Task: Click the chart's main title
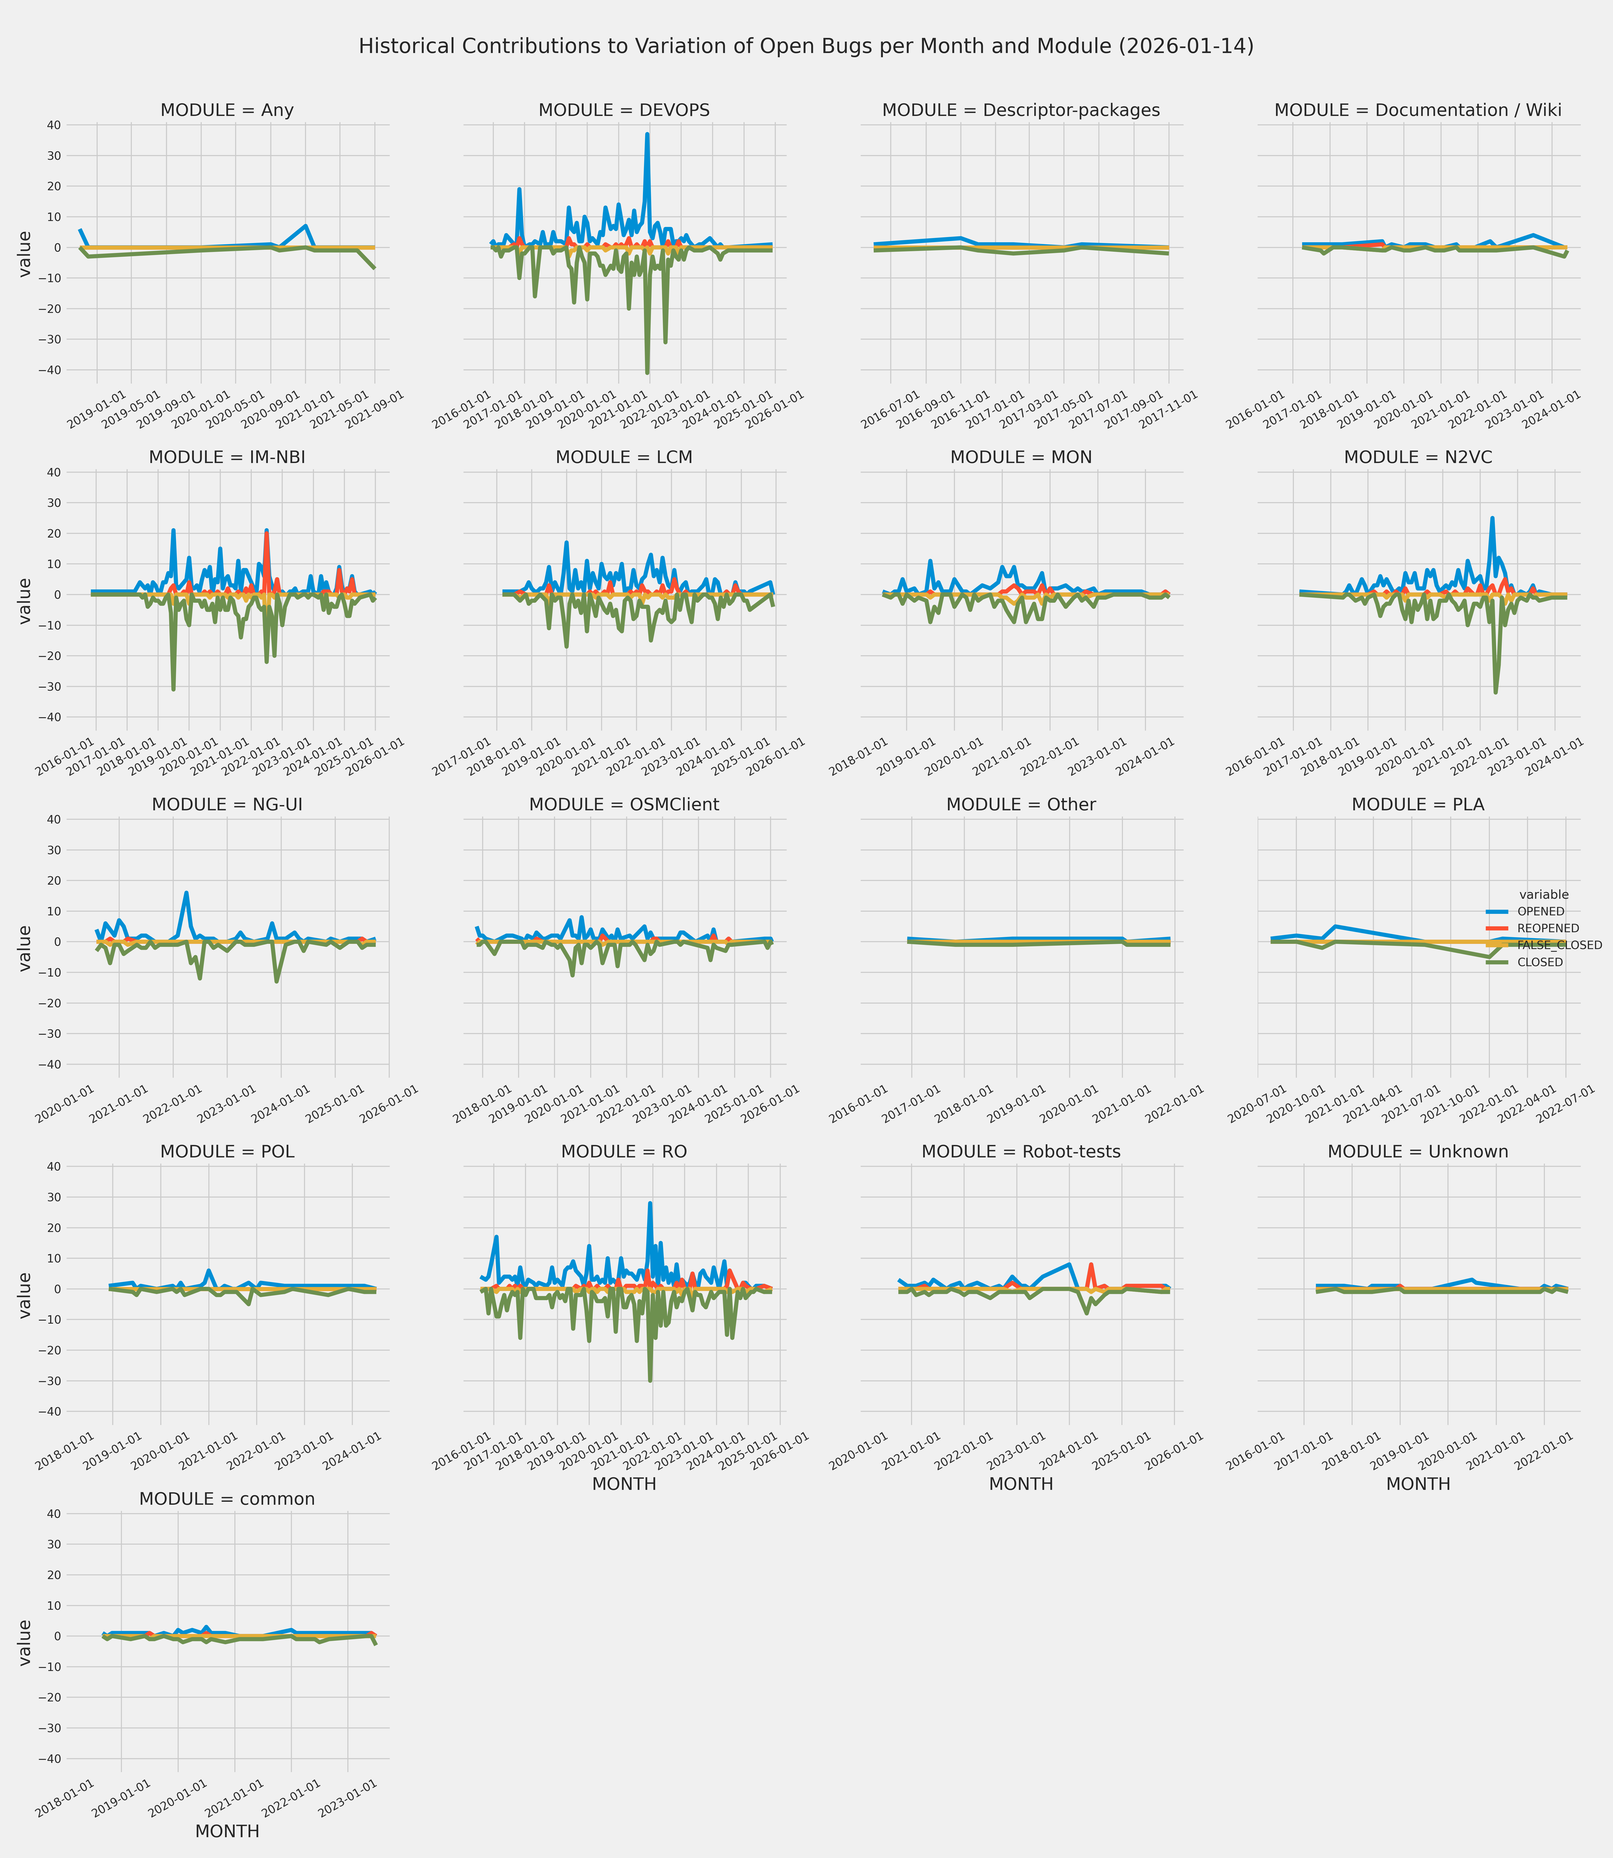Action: (x=806, y=46)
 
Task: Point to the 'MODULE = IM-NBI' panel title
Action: (x=227, y=457)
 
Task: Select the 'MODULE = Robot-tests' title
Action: (x=1021, y=1152)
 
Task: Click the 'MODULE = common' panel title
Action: (x=227, y=1499)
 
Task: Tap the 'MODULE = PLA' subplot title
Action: (x=1418, y=804)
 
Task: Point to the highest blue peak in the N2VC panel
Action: (x=1492, y=518)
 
